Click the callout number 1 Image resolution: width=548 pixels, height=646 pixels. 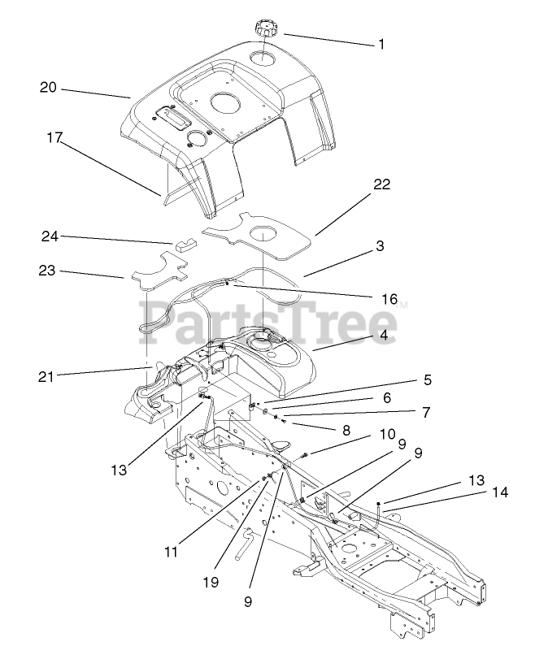pos(381,44)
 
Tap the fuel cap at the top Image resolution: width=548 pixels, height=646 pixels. pos(266,30)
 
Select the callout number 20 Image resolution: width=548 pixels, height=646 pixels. pos(48,87)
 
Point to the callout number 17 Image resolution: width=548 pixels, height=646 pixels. pos(54,138)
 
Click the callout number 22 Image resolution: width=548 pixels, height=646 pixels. pos(381,184)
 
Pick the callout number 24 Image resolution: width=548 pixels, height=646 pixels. pos(50,236)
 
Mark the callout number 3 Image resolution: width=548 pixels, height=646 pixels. pos(379,245)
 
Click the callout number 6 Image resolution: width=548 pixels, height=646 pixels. pos(387,397)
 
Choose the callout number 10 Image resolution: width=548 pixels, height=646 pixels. pos(387,433)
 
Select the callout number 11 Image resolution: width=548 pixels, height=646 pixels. pos(170,552)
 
